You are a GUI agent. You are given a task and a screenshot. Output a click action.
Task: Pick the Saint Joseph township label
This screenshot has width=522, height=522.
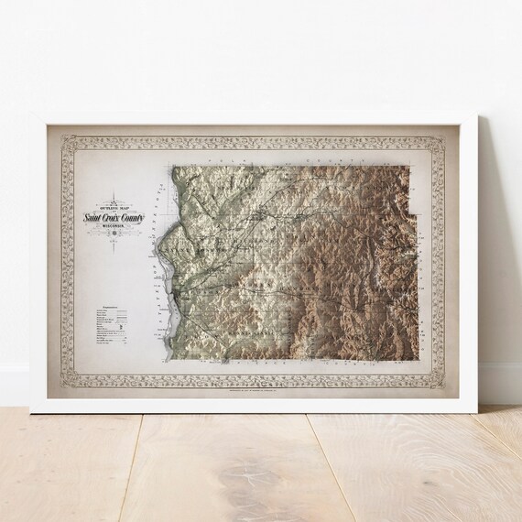[x=183, y=245]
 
